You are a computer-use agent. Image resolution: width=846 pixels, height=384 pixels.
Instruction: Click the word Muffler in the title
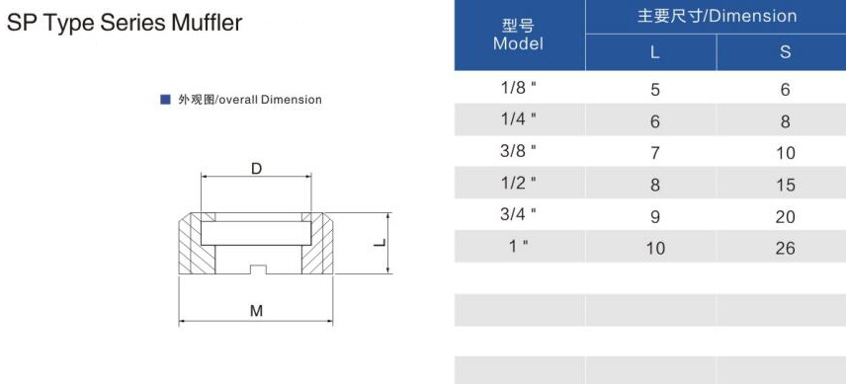207,23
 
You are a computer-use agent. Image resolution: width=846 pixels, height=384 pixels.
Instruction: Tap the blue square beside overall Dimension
166,100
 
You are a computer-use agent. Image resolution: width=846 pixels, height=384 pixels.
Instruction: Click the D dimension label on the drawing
256,169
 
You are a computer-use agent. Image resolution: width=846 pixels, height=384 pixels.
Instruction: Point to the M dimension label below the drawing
256,311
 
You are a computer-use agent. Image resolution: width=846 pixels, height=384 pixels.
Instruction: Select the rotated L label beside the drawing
381,243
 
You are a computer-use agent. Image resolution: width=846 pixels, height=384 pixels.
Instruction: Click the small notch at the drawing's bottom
256,269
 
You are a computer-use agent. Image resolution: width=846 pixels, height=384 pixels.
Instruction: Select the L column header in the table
655,52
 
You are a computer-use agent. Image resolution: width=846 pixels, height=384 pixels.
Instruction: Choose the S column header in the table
785,51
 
